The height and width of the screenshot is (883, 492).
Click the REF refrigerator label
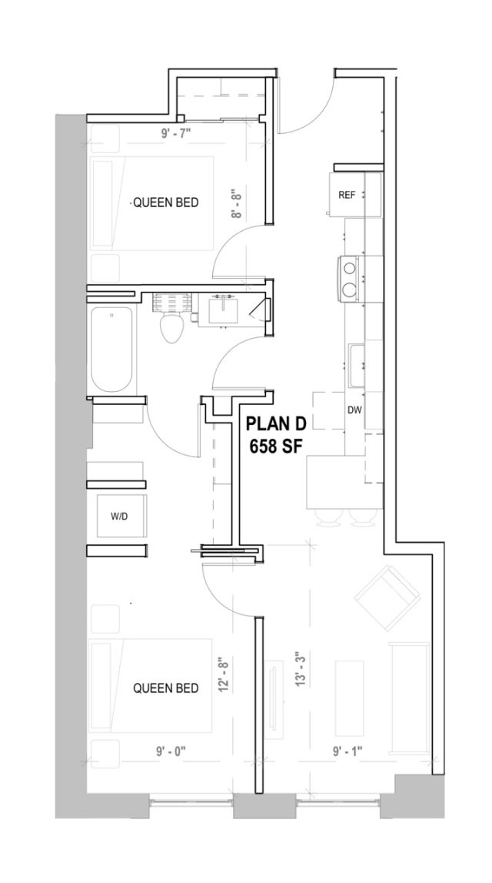click(347, 195)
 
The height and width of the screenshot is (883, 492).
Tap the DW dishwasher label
click(354, 410)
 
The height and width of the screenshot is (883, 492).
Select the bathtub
click(113, 350)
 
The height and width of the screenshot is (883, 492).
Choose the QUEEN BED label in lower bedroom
click(166, 687)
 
